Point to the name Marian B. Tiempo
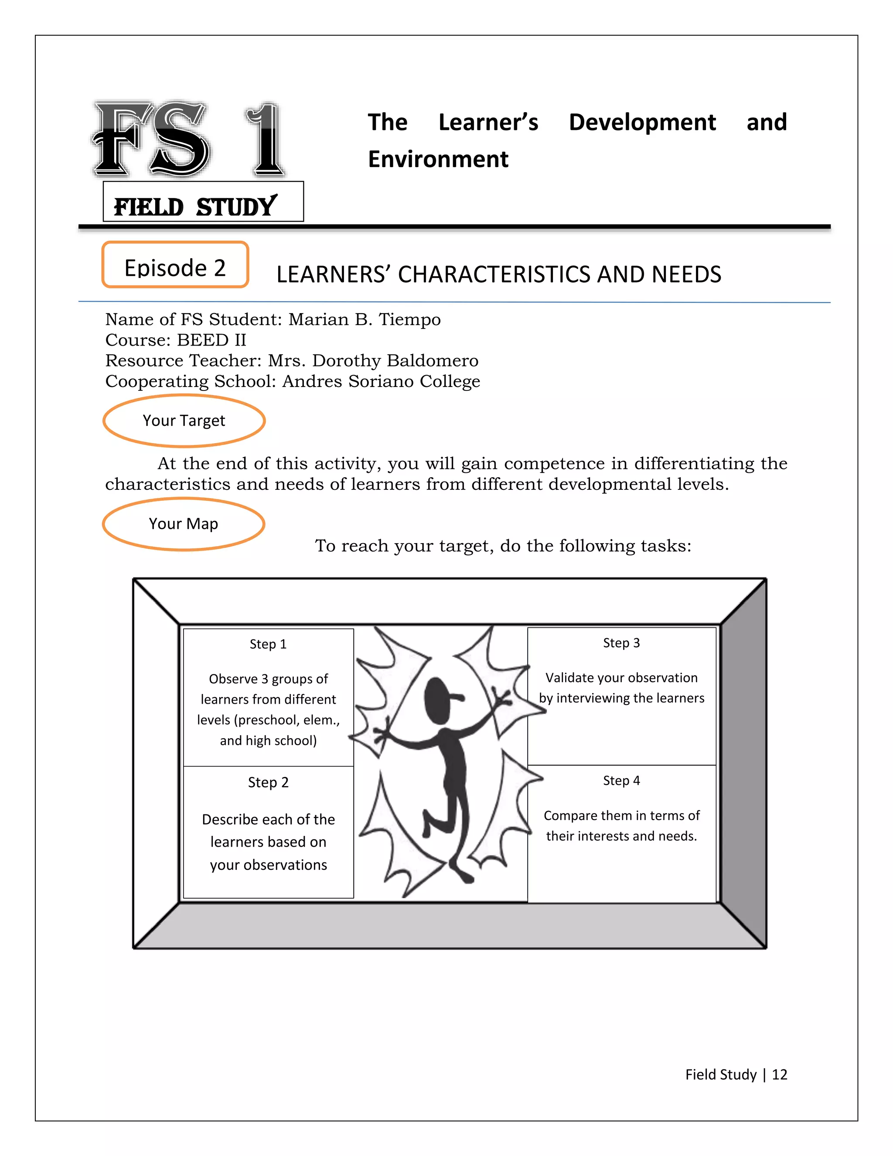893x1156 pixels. click(364, 320)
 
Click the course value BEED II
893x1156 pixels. click(211, 340)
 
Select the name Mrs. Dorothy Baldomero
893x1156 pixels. click(373, 361)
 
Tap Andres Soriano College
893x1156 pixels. click(381, 382)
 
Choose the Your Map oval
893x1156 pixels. click(184, 523)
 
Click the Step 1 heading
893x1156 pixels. click(268, 644)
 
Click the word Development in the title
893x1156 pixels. click(642, 123)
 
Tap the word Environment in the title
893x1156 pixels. click(438, 160)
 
